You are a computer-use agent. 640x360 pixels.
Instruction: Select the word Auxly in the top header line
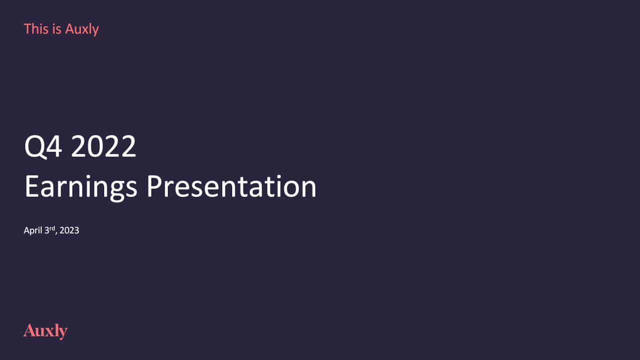[82, 29]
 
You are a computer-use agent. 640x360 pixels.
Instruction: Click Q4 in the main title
[43, 146]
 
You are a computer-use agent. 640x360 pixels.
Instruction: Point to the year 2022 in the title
[103, 146]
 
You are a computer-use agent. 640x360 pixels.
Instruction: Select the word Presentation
[231, 186]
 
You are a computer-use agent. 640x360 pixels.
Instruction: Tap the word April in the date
[33, 230]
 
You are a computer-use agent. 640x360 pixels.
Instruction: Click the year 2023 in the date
[69, 230]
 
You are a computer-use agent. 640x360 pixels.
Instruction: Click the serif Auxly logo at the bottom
[45, 331]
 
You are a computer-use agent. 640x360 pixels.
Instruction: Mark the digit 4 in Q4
[54, 146]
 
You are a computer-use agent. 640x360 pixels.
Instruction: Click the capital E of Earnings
[31, 186]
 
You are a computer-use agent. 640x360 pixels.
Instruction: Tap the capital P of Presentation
[154, 186]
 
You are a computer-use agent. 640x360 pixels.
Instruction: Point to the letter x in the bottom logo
[50, 332]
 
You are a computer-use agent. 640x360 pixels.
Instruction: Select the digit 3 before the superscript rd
[47, 230]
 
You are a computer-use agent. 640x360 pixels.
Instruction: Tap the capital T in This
[27, 29]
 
